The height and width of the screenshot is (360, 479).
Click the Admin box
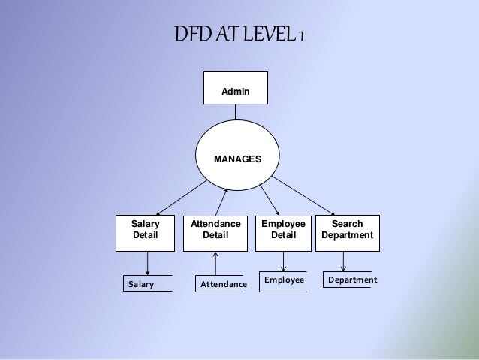(x=235, y=88)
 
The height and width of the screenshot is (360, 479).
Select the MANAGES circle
(x=237, y=159)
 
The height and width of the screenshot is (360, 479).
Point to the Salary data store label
(x=140, y=284)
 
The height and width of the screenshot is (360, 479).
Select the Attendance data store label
(x=223, y=285)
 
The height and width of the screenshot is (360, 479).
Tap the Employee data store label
(x=284, y=280)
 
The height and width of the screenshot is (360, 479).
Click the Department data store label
(x=352, y=280)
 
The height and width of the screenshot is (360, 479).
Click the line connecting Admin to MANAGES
(x=235, y=113)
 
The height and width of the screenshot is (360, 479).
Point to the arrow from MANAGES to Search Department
(x=304, y=196)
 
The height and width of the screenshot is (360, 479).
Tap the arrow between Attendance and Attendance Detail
(x=215, y=263)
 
